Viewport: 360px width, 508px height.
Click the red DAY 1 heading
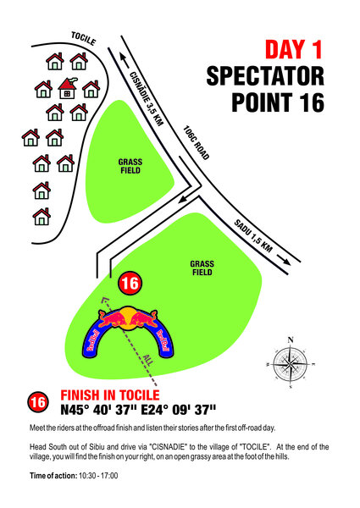(294, 49)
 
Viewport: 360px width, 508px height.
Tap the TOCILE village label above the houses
(84, 39)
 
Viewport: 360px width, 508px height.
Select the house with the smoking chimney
(68, 88)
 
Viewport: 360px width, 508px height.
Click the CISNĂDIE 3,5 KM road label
(147, 98)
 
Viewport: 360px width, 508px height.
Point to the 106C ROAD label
(196, 142)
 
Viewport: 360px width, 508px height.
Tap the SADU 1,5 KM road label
(253, 236)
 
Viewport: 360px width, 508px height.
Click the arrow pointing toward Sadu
(284, 260)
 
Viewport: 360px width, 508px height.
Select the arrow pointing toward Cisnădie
(125, 61)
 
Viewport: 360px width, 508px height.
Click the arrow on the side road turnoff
(185, 199)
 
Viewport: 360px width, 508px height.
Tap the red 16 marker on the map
(130, 283)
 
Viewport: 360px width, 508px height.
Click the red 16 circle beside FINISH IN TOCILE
(38, 402)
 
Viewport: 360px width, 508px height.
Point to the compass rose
(291, 364)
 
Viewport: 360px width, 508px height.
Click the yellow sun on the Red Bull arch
(128, 319)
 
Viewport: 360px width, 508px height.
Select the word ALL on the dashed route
(148, 360)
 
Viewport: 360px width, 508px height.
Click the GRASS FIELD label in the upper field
(130, 166)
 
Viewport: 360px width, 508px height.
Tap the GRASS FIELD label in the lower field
(202, 268)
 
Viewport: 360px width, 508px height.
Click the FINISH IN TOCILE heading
(110, 395)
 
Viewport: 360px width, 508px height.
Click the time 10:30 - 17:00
(98, 476)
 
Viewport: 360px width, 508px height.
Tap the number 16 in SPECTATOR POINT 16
(311, 102)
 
